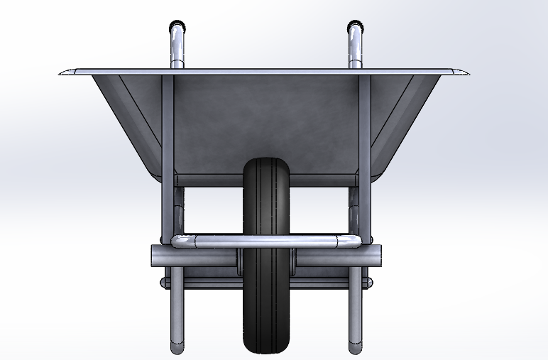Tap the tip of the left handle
tap(177, 29)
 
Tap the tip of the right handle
tap(356, 29)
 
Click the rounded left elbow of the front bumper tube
tap(178, 241)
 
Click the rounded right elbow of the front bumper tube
tap(354, 241)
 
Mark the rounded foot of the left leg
tap(177, 348)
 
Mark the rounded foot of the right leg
tap(355, 348)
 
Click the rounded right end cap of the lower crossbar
tap(368, 283)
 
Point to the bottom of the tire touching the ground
tap(266, 351)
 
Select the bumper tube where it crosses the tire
tap(266, 241)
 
